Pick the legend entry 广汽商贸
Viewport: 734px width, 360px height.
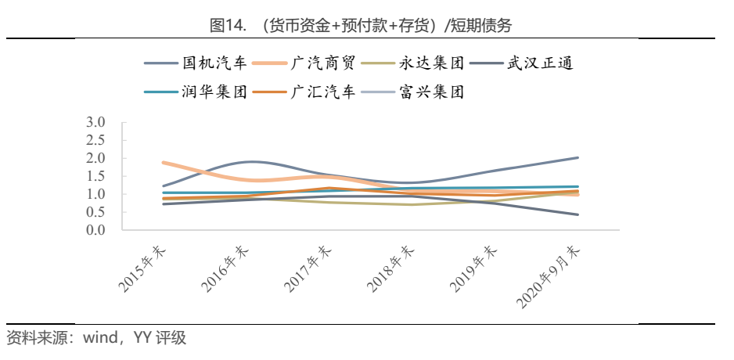329,63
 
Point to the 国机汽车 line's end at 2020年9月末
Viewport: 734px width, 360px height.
577,157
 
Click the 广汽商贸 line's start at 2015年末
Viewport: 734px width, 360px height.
164,163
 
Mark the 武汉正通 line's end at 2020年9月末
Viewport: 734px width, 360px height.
577,214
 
